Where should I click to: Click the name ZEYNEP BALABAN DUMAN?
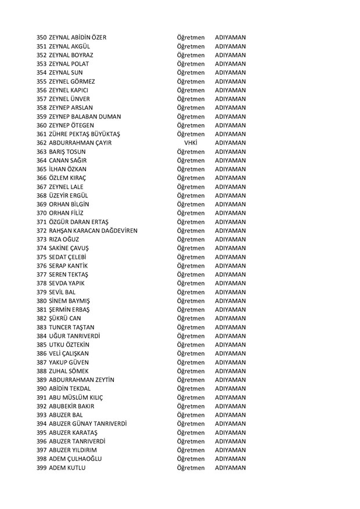tap(87, 117)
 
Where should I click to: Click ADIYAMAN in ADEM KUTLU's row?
tap(230, 468)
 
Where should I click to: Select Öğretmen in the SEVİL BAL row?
tap(191, 292)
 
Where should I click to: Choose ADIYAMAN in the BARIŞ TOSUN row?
tap(230, 151)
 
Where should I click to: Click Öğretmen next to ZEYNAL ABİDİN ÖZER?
tap(191, 38)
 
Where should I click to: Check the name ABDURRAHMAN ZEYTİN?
tap(82, 380)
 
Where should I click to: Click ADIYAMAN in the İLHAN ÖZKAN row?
tap(230, 169)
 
